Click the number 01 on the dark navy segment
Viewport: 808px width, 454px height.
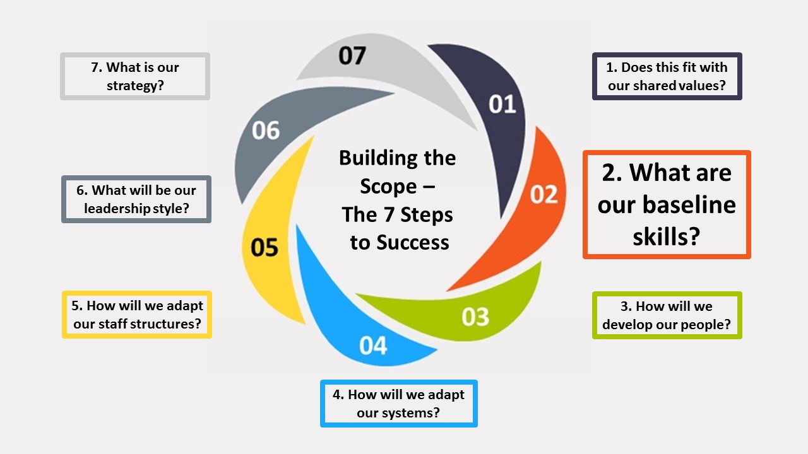[502, 104]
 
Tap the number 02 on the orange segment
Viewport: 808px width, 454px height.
[544, 194]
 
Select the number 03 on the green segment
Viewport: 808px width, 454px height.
[475, 317]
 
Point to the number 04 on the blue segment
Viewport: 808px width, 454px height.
[373, 346]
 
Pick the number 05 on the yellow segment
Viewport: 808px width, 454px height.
[264, 248]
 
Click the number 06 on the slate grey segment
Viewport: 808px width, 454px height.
[265, 131]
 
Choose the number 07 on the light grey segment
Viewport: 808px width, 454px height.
[352, 55]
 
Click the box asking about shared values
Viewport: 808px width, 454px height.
[667, 76]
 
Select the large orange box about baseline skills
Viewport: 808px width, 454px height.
[667, 205]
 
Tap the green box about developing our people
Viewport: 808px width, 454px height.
[667, 315]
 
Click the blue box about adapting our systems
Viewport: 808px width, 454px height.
[398, 404]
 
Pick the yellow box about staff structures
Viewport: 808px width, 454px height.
[137, 315]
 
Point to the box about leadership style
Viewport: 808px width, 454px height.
[136, 199]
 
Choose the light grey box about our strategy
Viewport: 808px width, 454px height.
[135, 76]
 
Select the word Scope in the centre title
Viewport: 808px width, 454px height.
[388, 186]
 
